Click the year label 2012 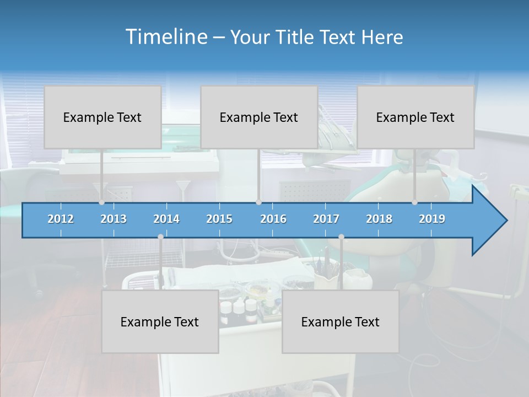click(61, 219)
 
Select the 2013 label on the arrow click(114, 219)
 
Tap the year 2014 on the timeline click(166, 219)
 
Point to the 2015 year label click(219, 219)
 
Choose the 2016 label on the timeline click(273, 219)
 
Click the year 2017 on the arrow click(326, 219)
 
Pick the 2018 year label click(379, 219)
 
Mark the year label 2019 click(432, 219)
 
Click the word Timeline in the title click(166, 37)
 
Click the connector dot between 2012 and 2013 click(101, 202)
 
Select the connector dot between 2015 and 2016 click(258, 202)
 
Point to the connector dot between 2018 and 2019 click(414, 202)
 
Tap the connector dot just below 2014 click(160, 237)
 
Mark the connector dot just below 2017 click(341, 237)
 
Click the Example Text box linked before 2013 click(102, 117)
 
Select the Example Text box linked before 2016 click(259, 117)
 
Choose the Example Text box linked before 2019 click(415, 117)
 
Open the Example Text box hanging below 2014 click(160, 321)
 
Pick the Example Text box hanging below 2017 click(341, 321)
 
